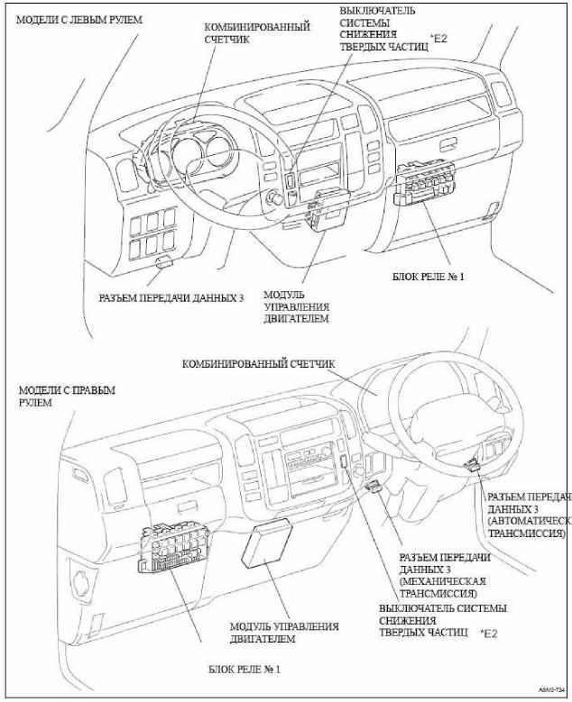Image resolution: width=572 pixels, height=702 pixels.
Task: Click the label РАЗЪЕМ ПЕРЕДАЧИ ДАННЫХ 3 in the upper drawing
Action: point(171,296)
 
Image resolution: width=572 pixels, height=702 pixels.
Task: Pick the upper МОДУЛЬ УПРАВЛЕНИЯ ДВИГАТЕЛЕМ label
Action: point(294,306)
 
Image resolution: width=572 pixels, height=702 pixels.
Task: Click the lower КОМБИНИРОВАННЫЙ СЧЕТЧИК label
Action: point(258,364)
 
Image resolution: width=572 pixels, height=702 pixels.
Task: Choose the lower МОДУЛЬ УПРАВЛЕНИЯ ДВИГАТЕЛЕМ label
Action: point(283,632)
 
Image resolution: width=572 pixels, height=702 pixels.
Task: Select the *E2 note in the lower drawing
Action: point(489,634)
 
